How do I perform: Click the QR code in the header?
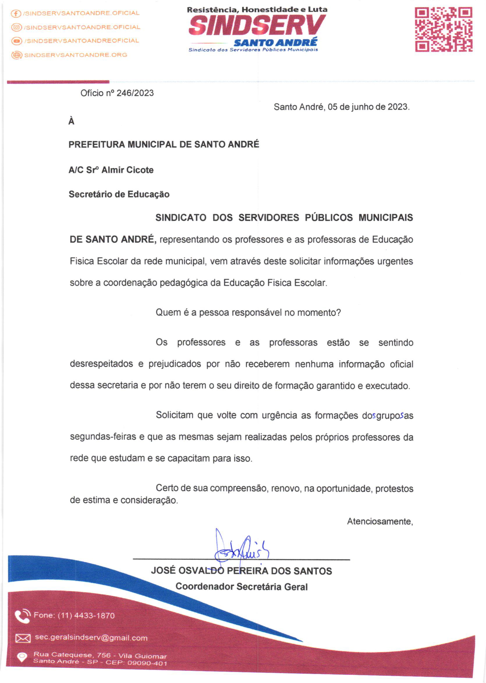point(444,30)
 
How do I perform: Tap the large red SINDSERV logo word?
point(257,26)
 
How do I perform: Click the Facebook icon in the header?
point(16,13)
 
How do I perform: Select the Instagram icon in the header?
point(17,28)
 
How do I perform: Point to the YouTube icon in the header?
point(17,41)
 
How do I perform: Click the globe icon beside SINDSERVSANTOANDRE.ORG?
point(17,55)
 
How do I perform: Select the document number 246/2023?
point(135,93)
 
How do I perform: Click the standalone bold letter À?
point(71,121)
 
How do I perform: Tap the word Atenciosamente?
point(380,521)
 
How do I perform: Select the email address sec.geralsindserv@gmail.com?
point(91,638)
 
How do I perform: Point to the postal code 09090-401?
point(147,663)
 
